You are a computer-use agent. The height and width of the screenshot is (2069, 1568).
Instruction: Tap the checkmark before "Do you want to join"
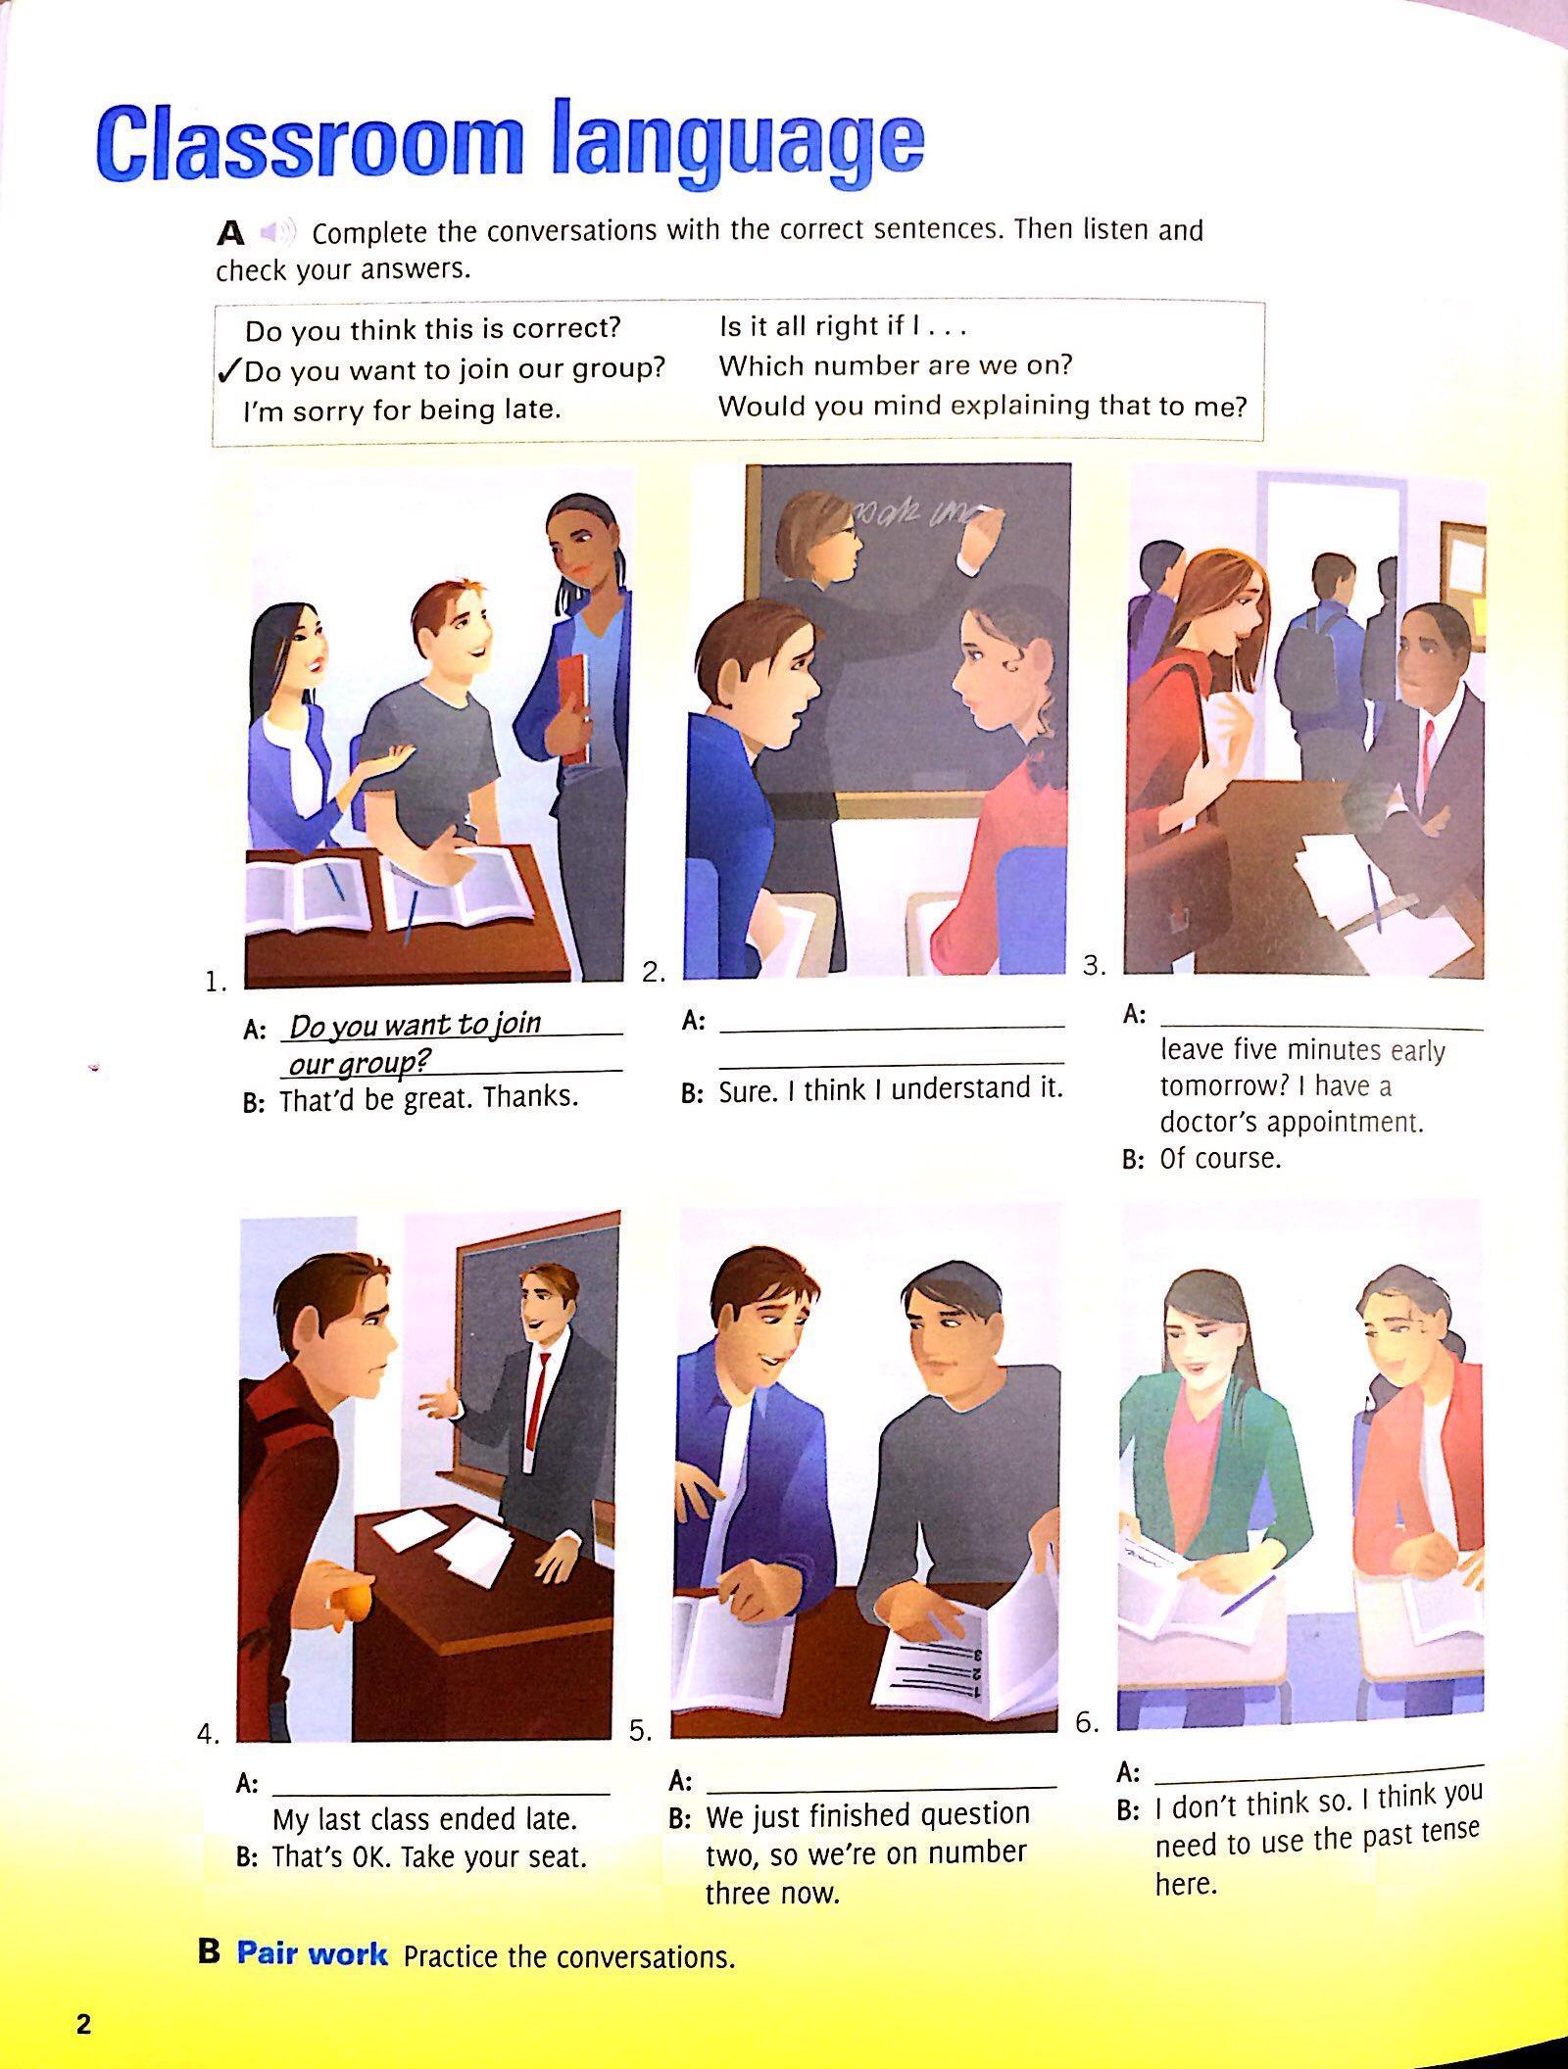coord(229,369)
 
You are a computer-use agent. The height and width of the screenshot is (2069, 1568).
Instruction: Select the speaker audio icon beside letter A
coord(277,233)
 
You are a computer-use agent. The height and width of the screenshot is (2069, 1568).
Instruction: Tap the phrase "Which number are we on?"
coord(896,365)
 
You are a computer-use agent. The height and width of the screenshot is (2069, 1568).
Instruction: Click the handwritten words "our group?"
coord(361,1063)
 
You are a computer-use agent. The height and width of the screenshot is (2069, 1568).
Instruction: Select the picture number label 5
coord(640,1731)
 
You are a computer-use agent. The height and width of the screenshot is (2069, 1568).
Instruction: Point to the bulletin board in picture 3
coord(1462,569)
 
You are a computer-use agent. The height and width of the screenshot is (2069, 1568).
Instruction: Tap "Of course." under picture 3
coord(1220,1159)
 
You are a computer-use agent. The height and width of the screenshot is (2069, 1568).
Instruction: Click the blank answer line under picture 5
coord(882,1788)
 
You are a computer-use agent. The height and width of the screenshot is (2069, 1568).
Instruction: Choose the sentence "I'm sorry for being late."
coord(403,409)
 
